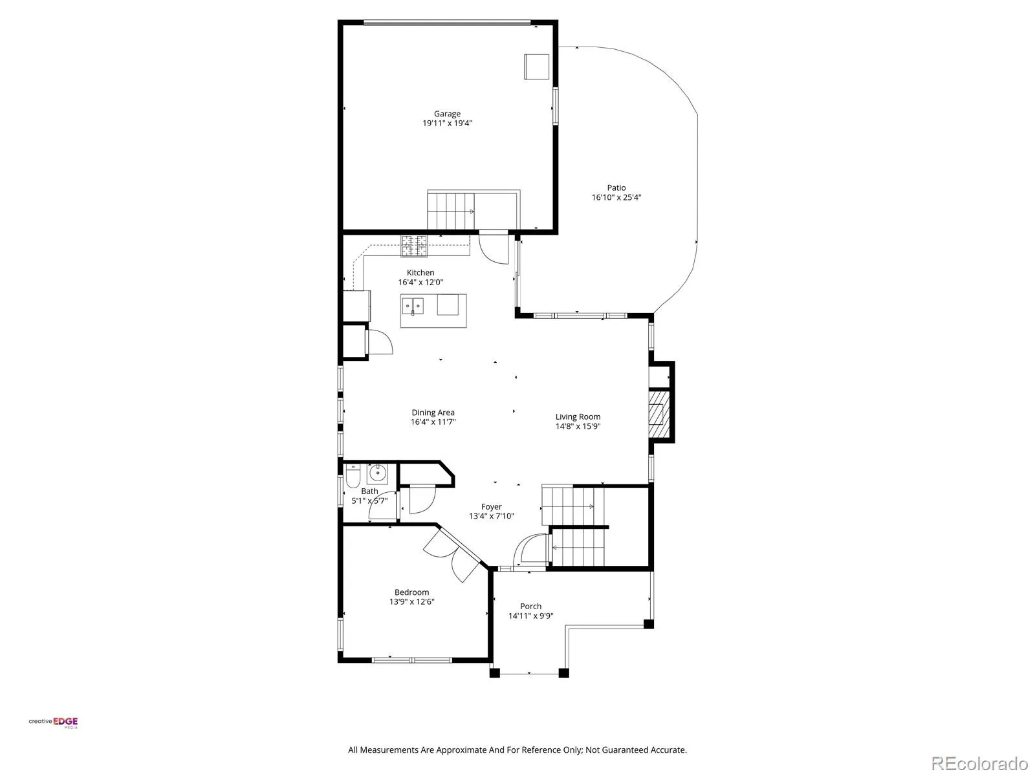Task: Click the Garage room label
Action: [447, 114]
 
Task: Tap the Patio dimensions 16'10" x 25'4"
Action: [616, 197]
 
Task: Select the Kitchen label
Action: [420, 272]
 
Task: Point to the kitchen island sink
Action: [413, 307]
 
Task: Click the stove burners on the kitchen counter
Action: [414, 246]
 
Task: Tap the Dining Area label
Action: [433, 413]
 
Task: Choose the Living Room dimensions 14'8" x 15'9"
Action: [578, 426]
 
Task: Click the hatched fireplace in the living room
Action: [659, 414]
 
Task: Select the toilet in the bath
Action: [353, 476]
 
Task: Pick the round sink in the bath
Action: [377, 473]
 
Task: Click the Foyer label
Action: [492, 506]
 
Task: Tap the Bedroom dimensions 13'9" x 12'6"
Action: [411, 601]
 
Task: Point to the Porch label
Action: [530, 607]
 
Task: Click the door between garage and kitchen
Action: [493, 248]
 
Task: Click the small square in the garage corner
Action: [537, 67]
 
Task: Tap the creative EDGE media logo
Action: [53, 723]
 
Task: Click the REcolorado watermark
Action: [979, 763]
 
